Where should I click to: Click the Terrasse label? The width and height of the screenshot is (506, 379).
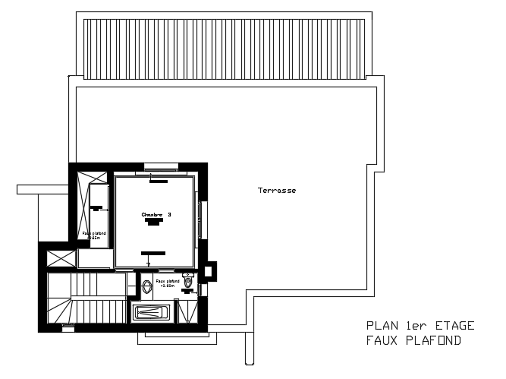276,190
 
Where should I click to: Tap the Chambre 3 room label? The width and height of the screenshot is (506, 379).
156,215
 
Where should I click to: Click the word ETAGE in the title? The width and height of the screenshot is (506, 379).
452,326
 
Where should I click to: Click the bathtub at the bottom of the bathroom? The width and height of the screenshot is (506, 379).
152,312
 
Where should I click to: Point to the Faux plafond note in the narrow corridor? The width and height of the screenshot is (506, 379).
94,235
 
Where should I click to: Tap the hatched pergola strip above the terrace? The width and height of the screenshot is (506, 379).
225,46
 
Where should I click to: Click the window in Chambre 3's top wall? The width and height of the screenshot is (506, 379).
161,166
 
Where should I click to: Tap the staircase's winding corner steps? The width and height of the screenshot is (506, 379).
59,311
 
